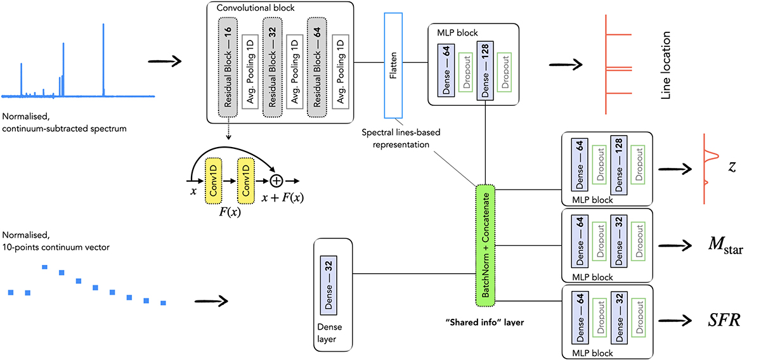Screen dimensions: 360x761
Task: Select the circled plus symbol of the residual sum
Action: coord(276,181)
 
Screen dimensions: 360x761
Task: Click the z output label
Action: coord(731,168)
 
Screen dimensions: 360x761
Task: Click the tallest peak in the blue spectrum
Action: coord(103,57)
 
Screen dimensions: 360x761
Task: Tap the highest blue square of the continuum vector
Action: coord(45,267)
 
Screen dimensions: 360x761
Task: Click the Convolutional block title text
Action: coord(251,9)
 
